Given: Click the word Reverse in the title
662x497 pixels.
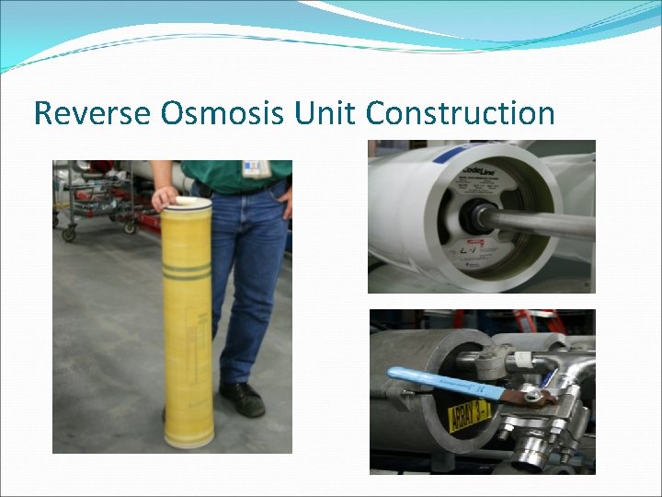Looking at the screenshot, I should (x=92, y=113).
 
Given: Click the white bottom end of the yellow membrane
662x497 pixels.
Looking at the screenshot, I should (x=191, y=441).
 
